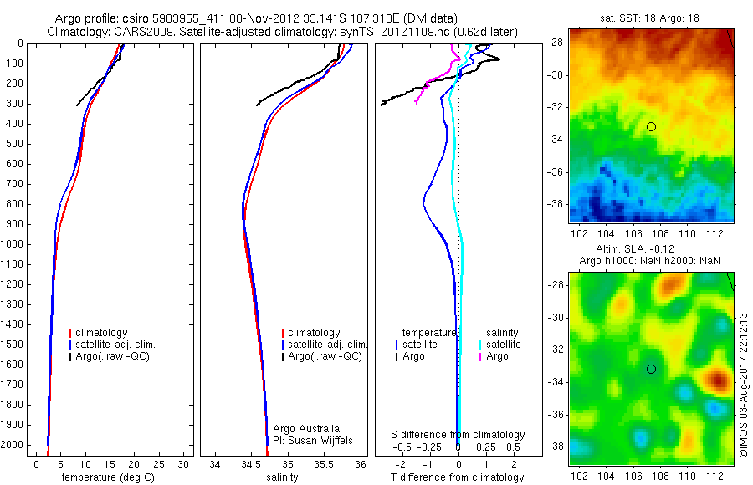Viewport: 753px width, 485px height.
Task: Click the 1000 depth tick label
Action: [x=13, y=244]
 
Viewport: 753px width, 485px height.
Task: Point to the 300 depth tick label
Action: [x=16, y=104]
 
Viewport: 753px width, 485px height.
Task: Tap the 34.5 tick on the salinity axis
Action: [x=251, y=463]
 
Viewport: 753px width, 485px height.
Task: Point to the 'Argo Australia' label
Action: [x=307, y=428]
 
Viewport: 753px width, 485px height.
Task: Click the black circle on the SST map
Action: [x=651, y=126]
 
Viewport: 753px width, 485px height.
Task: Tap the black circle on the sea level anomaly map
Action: [x=651, y=369]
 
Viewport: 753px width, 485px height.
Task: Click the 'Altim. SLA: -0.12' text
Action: [x=651, y=249]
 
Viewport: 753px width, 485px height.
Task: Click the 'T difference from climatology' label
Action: [x=458, y=477]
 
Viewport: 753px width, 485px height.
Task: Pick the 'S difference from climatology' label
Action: [x=458, y=435]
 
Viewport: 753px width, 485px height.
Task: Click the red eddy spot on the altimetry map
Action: [x=718, y=380]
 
